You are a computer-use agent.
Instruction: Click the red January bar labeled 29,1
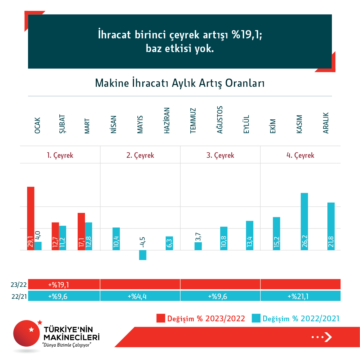(31, 218)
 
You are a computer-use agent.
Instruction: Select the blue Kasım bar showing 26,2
(304, 221)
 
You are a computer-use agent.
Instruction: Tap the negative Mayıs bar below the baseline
(143, 255)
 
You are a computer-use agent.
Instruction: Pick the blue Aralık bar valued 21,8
(331, 226)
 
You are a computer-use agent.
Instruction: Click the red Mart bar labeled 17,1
(81, 231)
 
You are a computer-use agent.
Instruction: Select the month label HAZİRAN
(167, 120)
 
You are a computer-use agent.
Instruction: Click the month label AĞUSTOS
(220, 120)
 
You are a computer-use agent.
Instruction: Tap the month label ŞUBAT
(62, 124)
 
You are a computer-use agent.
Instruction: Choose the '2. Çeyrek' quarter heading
(140, 155)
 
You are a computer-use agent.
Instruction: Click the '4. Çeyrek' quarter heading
(300, 155)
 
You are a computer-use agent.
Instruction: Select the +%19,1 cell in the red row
(58, 285)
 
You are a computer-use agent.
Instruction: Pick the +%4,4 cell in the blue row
(137, 296)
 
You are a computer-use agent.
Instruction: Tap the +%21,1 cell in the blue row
(298, 296)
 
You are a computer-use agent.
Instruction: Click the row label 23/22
(19, 285)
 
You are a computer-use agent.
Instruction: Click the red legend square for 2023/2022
(161, 318)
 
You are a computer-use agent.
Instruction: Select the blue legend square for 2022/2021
(256, 318)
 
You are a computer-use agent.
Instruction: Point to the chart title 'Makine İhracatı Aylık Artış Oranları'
(180, 83)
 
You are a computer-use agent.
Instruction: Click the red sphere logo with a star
(27, 333)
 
